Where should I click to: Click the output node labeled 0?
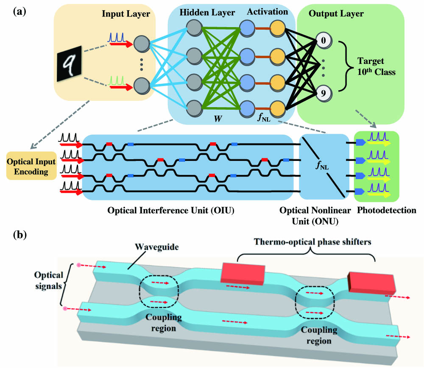point(323,42)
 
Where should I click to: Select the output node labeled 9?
point(323,94)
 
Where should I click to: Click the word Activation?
point(269,12)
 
